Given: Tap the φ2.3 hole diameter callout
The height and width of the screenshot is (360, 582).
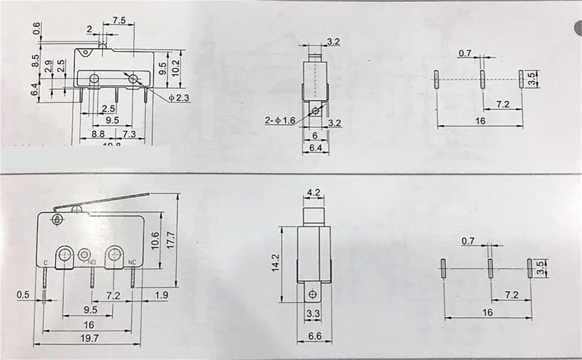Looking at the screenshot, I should click(x=179, y=98).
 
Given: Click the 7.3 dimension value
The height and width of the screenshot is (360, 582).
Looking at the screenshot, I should click(x=128, y=135).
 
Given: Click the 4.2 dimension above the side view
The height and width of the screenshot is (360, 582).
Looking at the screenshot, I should click(x=314, y=193).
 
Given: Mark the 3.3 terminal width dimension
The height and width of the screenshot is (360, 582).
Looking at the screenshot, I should click(x=313, y=313).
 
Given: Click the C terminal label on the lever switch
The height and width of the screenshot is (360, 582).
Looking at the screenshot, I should click(x=46, y=263).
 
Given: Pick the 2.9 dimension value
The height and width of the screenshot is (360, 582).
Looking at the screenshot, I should click(x=49, y=65).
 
